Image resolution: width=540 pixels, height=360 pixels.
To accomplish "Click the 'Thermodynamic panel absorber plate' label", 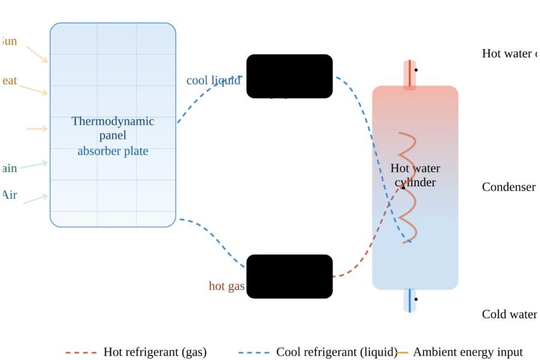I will [113, 136].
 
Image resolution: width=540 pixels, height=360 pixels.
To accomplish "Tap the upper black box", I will [289, 76].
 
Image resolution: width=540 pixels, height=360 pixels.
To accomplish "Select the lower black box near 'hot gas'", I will [289, 276].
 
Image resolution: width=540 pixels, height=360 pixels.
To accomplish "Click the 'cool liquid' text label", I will [213, 80].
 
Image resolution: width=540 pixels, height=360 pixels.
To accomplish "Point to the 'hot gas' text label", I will [226, 286].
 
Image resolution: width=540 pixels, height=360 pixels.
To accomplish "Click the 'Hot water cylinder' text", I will [415, 175].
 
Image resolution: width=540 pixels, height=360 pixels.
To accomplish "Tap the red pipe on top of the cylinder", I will [410, 75].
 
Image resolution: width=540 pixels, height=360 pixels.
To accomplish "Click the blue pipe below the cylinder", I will [410, 300].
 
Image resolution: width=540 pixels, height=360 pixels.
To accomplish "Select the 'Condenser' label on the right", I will [508, 187].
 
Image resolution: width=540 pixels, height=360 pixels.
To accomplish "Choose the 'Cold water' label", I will [509, 314].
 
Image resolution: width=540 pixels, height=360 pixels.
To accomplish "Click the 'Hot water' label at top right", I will [509, 54].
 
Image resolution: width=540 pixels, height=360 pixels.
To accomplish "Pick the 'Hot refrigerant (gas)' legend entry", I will [155, 352].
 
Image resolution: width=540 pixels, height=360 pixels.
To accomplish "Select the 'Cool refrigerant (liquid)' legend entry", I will [337, 352].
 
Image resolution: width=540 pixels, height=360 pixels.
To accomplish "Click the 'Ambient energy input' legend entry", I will [467, 352].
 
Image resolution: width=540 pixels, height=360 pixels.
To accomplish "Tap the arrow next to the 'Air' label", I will [35, 199].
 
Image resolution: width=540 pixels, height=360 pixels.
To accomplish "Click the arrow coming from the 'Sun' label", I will [37, 54].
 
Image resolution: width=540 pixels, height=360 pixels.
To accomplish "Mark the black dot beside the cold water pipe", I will [416, 299].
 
